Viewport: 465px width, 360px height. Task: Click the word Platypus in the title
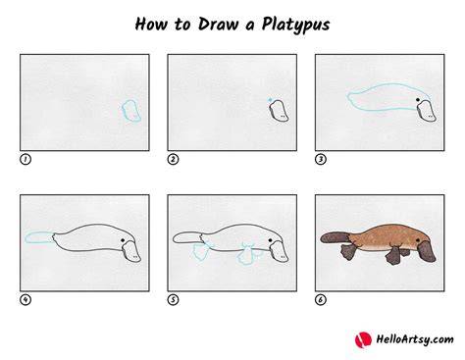coord(295,25)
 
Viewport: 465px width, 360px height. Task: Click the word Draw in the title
coord(218,24)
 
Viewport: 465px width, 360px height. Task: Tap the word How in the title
coord(151,24)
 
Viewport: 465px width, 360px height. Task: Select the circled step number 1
coord(26,159)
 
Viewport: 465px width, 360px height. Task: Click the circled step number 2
coord(173,159)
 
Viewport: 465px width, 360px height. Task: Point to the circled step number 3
coord(321,159)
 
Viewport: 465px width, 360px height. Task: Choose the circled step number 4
coord(26,299)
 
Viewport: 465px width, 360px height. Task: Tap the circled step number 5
coord(173,299)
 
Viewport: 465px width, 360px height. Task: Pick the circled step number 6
coord(321,299)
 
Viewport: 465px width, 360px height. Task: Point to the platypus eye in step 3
coord(418,100)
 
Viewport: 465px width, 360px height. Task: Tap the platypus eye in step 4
coord(123,240)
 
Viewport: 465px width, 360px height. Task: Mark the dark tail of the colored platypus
coord(335,237)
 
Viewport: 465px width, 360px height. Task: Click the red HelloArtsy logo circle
coord(363,339)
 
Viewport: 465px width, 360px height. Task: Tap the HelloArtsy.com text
coord(415,339)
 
